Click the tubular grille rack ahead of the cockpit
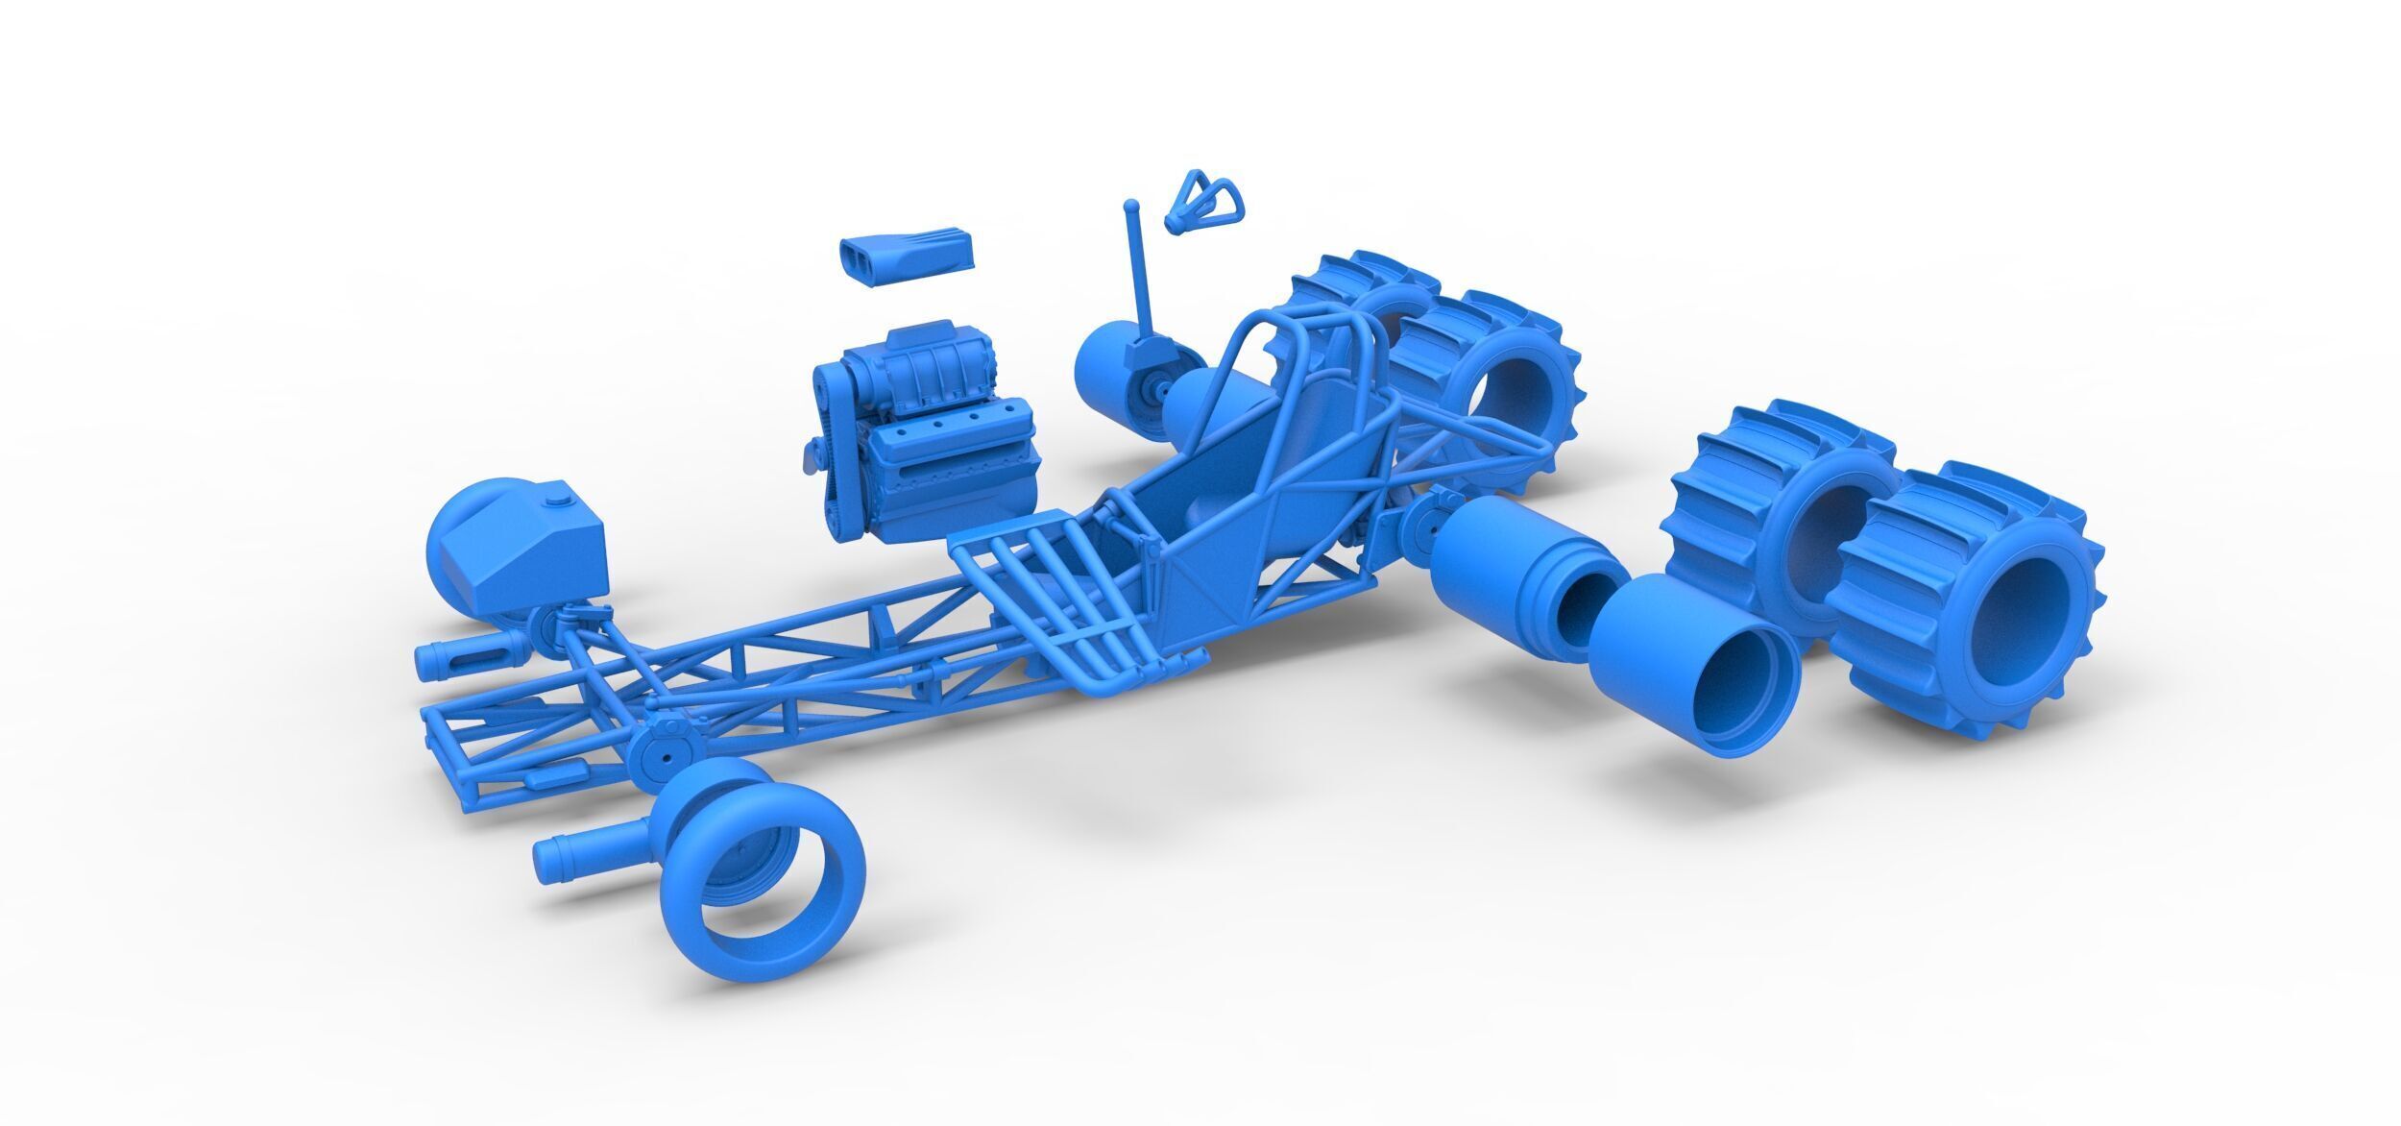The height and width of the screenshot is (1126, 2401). (x=1056, y=615)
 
